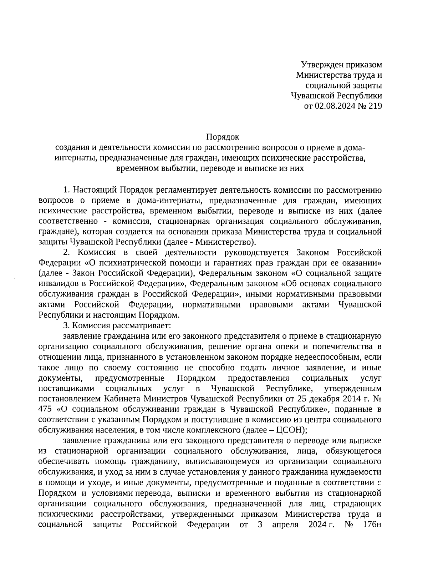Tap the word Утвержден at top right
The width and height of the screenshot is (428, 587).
(x=320, y=65)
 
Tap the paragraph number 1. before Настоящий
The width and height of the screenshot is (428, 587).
(x=66, y=189)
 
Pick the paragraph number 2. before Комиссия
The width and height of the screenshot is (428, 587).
(x=66, y=253)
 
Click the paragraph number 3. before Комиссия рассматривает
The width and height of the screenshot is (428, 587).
(x=66, y=325)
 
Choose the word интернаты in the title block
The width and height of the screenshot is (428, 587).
(x=75, y=158)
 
